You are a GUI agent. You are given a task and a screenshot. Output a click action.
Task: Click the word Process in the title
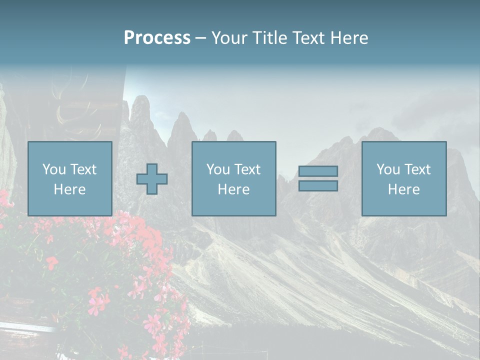157,38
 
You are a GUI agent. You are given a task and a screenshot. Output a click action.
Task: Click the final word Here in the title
348,38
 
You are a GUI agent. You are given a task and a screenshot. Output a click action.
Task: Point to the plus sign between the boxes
152,178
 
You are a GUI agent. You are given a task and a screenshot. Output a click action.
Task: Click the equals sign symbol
318,178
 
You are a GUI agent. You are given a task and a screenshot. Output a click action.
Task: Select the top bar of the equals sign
318,171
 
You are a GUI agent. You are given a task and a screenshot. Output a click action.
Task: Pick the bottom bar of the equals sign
318,186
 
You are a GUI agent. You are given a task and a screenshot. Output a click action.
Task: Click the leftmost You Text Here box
69,178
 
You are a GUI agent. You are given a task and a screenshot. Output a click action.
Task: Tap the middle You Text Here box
233,178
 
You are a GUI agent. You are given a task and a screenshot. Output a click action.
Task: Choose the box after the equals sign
403,178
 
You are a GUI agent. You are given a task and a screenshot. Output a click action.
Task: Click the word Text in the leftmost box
83,169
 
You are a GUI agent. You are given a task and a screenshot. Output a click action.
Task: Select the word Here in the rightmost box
403,189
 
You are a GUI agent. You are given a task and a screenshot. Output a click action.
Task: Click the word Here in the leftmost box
69,189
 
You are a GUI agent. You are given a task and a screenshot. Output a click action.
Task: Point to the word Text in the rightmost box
417,169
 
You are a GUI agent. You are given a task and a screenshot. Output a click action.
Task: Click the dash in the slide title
200,38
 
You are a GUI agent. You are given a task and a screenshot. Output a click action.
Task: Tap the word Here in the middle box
233,189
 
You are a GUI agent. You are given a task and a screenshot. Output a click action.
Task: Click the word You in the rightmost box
388,169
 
